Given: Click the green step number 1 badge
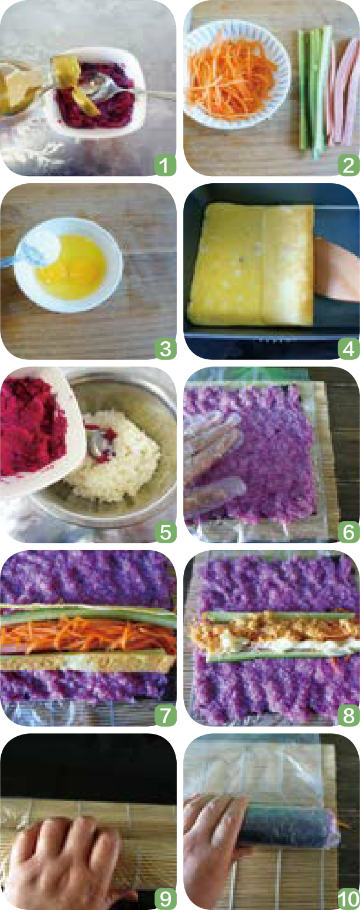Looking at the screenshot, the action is pyautogui.click(x=165, y=165).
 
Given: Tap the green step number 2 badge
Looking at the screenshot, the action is pyautogui.click(x=349, y=165).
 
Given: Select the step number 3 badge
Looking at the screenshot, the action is pyautogui.click(x=165, y=349).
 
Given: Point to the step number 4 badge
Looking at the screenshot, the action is pyautogui.click(x=349, y=349).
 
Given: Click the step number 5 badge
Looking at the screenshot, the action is pyautogui.click(x=165, y=532).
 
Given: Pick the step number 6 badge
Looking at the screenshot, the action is pyautogui.click(x=349, y=532).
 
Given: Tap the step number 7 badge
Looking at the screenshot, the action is pyautogui.click(x=165, y=715).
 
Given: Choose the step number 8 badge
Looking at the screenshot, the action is pyautogui.click(x=349, y=715).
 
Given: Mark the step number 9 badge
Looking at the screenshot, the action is pyautogui.click(x=165, y=899).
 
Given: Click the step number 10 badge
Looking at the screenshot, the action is pyautogui.click(x=349, y=899).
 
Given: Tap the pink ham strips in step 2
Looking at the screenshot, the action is pyautogui.click(x=344, y=91).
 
